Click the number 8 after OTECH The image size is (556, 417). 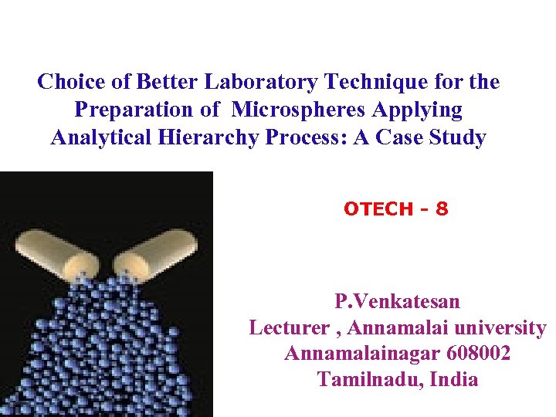(442, 208)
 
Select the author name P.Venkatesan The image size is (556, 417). (397, 300)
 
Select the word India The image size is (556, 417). (453, 380)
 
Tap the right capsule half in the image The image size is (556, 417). (159, 252)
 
